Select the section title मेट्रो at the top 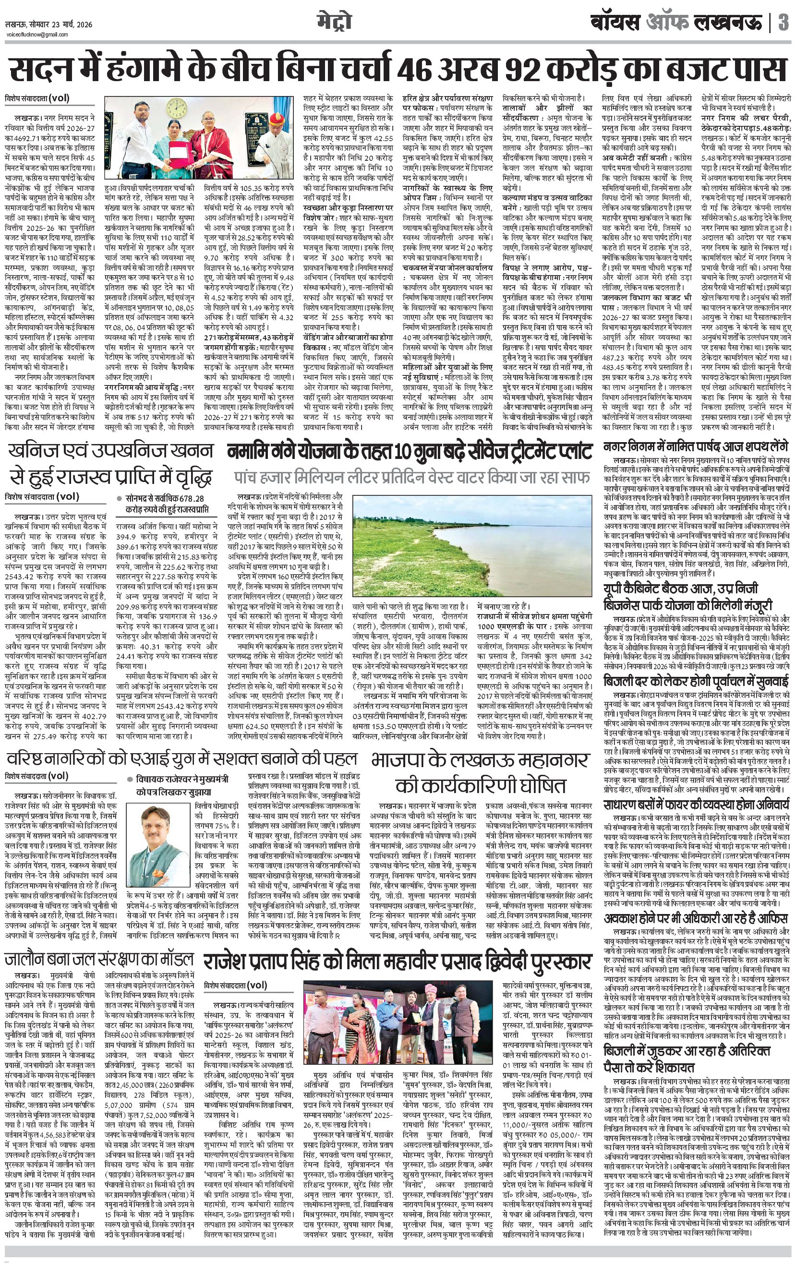click(334, 22)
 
